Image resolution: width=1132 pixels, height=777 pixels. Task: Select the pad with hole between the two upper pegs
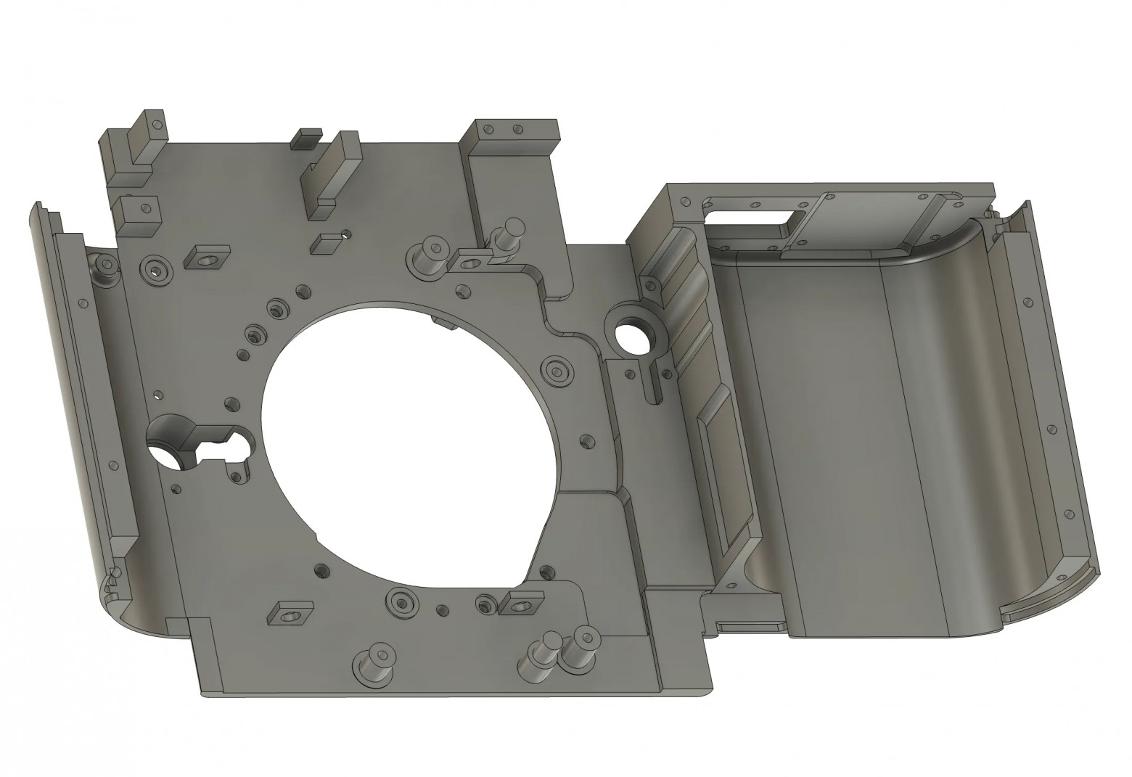(x=470, y=258)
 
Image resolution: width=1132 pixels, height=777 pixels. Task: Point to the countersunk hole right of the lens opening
(x=557, y=369)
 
